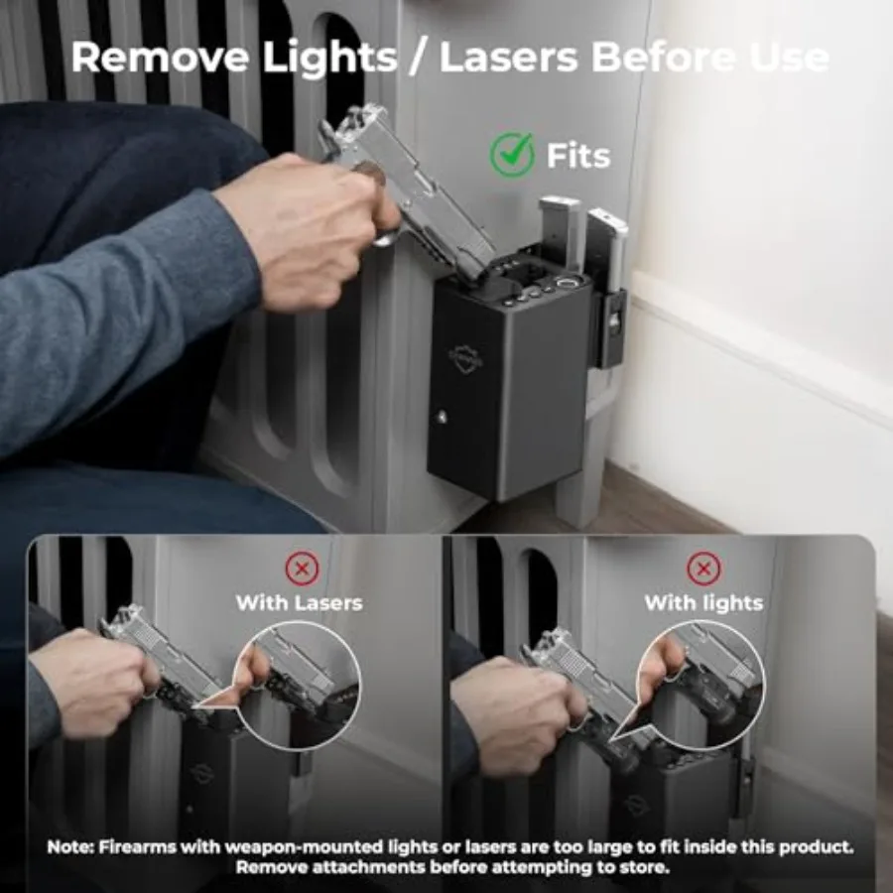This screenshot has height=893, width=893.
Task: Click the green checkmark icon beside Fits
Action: point(512,154)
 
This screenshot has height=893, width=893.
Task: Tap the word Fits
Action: point(578,156)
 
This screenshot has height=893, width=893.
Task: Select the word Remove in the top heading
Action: point(160,57)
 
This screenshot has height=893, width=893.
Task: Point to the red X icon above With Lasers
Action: point(302,569)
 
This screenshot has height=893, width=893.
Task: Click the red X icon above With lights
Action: point(703,569)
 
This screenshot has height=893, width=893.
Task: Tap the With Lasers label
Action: point(299,602)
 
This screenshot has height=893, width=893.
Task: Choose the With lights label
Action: point(703,602)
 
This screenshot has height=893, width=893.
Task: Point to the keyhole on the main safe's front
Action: point(441,418)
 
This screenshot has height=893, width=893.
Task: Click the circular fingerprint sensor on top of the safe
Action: point(567,283)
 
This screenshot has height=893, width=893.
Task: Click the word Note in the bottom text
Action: point(68,847)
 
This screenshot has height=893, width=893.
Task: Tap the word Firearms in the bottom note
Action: point(137,847)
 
